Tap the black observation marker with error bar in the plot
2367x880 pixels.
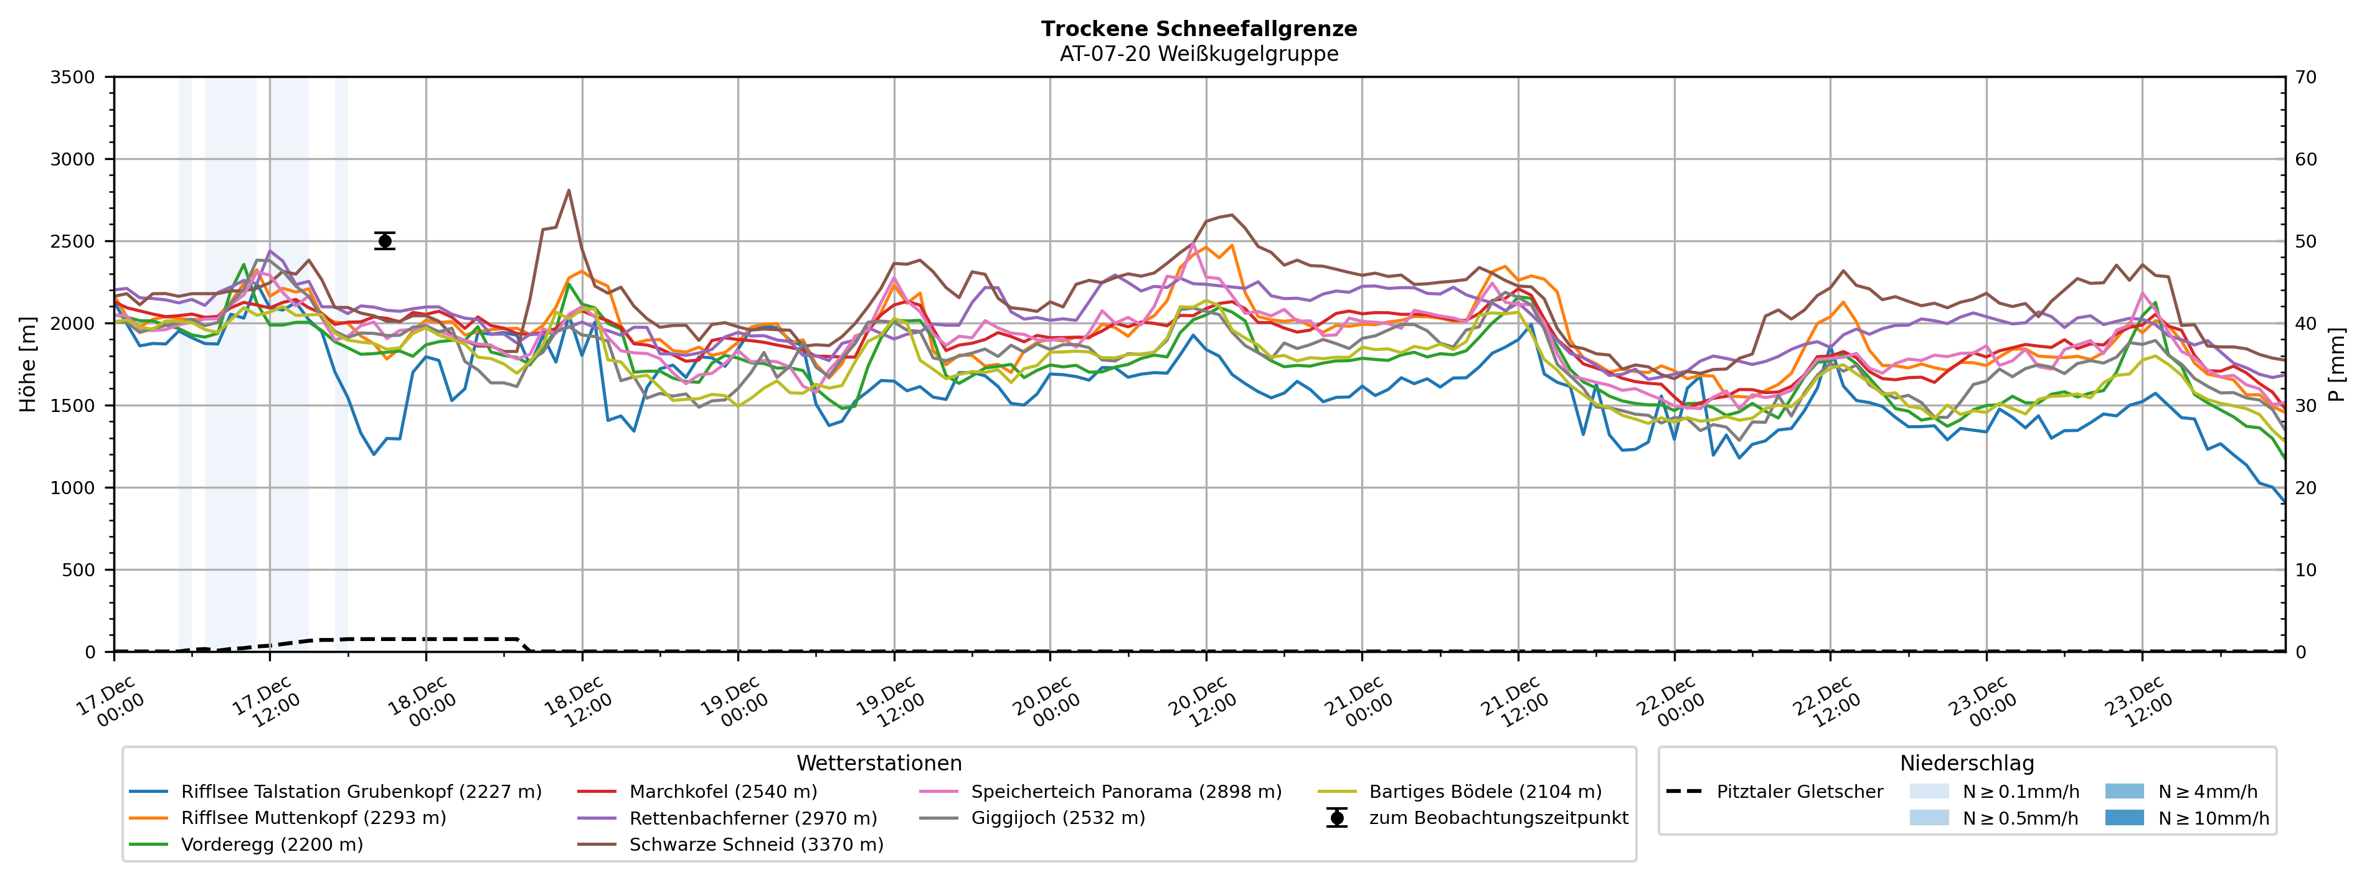(x=385, y=241)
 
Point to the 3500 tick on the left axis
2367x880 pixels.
(x=73, y=77)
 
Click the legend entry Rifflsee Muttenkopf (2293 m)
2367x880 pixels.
(x=313, y=818)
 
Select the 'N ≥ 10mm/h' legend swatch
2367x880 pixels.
(x=2124, y=818)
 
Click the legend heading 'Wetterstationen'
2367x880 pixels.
(x=879, y=764)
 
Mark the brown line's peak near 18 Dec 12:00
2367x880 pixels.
(x=569, y=190)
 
